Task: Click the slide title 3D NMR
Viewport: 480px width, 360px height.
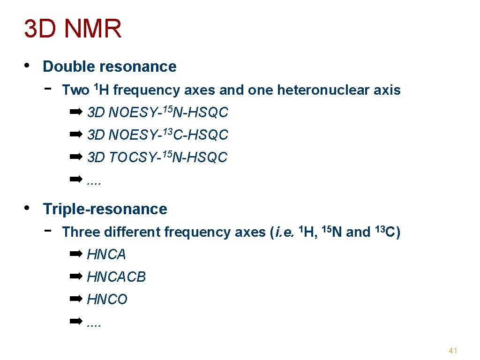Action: coord(73,29)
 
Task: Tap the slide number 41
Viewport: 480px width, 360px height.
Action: coord(453,351)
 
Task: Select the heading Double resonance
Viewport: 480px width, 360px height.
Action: coord(109,67)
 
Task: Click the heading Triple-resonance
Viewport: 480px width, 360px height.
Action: coord(105,209)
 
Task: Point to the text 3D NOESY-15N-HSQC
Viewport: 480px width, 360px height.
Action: coord(157,112)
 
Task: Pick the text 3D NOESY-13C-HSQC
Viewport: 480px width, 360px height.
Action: coord(157,135)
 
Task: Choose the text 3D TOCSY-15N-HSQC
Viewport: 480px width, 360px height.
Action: coord(157,157)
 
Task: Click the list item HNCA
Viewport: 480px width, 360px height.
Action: coord(106,255)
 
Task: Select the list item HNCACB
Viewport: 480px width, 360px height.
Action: coord(116,277)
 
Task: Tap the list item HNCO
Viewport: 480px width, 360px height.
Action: coord(107,300)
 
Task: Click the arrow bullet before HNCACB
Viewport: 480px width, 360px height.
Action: coord(75,277)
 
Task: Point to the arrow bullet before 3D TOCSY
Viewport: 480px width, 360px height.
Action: coord(75,157)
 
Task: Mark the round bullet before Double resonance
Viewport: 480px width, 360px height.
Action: coord(29,65)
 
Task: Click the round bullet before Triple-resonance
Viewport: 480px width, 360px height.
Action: coord(29,208)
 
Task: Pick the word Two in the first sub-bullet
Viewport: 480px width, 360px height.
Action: coord(75,90)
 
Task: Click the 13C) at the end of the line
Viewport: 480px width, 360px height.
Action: coord(387,232)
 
